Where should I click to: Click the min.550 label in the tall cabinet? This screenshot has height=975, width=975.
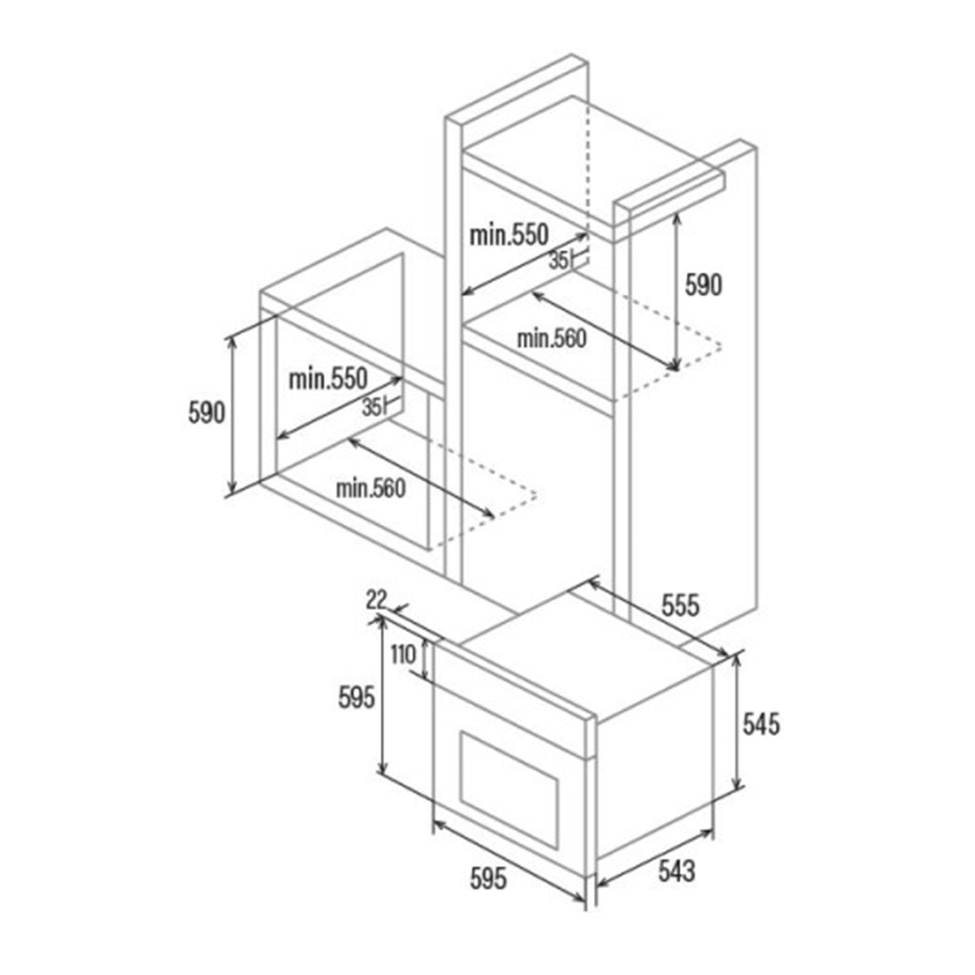coord(509,236)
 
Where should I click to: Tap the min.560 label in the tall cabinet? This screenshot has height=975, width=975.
coord(552,339)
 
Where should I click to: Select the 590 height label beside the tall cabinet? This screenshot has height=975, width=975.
coord(703,285)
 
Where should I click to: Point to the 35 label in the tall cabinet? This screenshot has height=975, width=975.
coord(558,261)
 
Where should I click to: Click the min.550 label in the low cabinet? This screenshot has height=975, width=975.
coord(328,379)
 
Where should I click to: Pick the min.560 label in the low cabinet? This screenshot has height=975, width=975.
coord(370,489)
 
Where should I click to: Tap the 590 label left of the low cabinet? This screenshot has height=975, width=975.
coord(206,413)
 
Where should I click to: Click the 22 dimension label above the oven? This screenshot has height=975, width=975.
coord(376,600)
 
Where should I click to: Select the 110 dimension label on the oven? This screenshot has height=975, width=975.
coord(403,655)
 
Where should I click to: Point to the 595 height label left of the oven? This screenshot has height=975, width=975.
coord(357,699)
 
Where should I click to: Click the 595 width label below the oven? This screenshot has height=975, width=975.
coord(487,878)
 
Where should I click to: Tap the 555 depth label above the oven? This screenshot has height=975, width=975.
coord(680,605)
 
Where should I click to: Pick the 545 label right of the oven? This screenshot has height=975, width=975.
coord(761,724)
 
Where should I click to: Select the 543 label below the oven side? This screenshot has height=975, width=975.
coord(677,871)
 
